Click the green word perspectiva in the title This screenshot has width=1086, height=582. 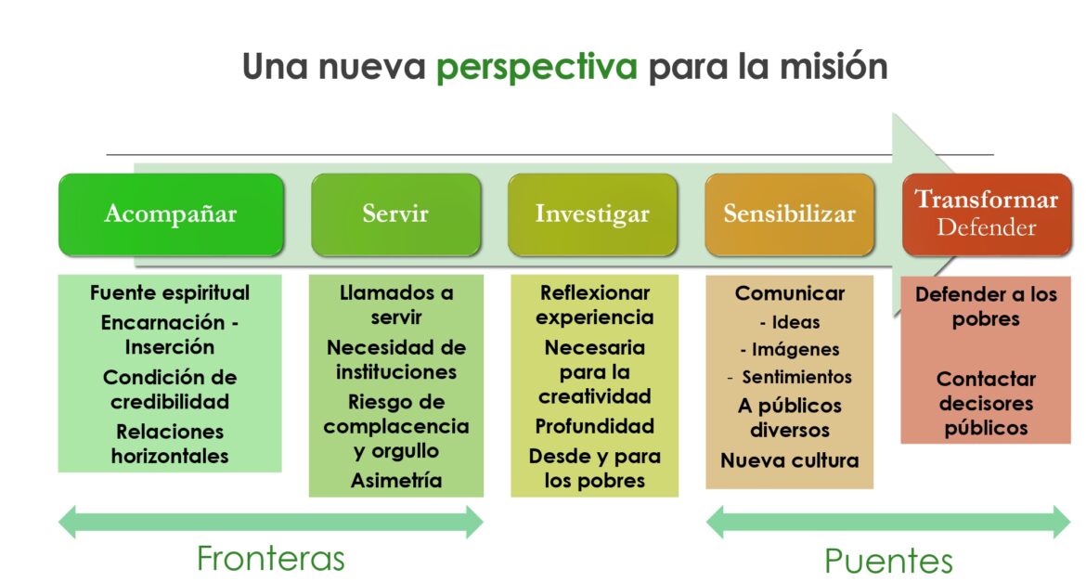(x=537, y=68)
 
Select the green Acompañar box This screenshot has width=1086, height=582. (x=171, y=214)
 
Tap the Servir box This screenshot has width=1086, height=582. (x=395, y=214)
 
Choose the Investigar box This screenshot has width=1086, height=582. (x=592, y=214)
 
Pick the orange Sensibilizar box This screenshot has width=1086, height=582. (x=790, y=214)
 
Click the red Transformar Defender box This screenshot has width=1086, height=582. (x=987, y=214)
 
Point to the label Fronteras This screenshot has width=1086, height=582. (x=271, y=559)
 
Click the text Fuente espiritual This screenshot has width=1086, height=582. (x=170, y=293)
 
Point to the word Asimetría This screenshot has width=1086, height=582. (x=396, y=480)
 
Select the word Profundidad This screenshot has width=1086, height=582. (x=594, y=426)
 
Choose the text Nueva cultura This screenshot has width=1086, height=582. (x=790, y=460)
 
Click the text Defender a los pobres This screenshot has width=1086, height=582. (x=987, y=307)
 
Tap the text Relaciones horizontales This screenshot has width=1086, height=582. (x=170, y=444)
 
